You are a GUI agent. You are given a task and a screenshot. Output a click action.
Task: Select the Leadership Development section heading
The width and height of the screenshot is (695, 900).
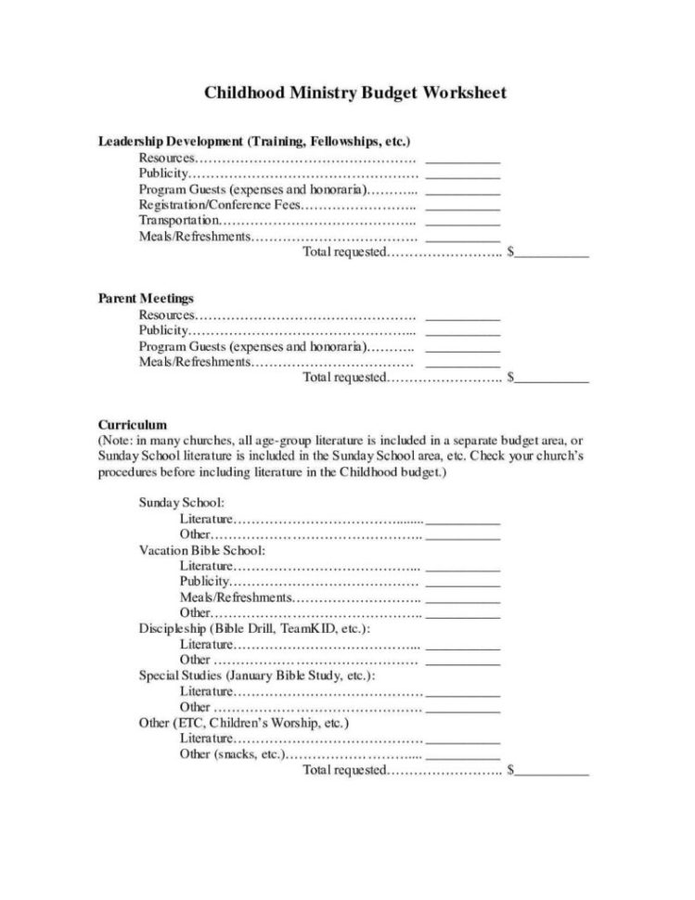tap(254, 142)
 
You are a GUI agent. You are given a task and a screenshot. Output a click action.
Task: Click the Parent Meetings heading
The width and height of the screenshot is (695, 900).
tap(146, 299)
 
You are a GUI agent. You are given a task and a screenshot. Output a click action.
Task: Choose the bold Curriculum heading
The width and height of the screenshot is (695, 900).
tap(133, 425)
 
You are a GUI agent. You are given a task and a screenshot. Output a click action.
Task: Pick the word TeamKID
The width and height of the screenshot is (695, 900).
tap(308, 628)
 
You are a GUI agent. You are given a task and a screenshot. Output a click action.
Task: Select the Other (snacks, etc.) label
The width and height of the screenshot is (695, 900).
tap(230, 754)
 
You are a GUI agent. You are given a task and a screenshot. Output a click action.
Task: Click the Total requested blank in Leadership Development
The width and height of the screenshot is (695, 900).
tap(553, 253)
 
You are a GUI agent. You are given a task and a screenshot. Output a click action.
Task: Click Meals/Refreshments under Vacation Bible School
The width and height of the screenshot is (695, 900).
tap(237, 597)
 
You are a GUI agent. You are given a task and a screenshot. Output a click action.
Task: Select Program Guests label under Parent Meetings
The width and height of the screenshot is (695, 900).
tap(251, 347)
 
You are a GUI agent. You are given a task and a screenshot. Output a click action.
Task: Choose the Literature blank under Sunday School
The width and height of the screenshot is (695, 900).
tap(462, 521)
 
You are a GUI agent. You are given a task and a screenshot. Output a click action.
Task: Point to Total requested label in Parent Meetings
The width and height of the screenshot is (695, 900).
tap(343, 378)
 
